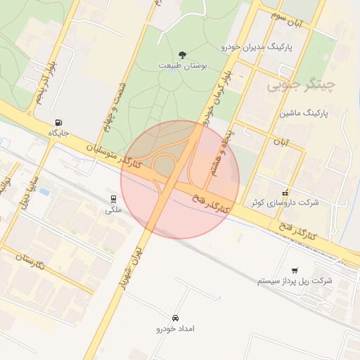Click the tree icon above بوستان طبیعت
point(183,55)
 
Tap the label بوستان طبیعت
point(183,66)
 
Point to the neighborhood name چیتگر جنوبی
point(301,86)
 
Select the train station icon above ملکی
point(113,198)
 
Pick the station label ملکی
point(113,210)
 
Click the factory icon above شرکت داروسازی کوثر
point(285,191)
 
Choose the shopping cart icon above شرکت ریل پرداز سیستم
point(294,270)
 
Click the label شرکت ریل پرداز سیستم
point(295,281)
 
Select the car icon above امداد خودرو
point(175,317)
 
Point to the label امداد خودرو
point(175,328)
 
